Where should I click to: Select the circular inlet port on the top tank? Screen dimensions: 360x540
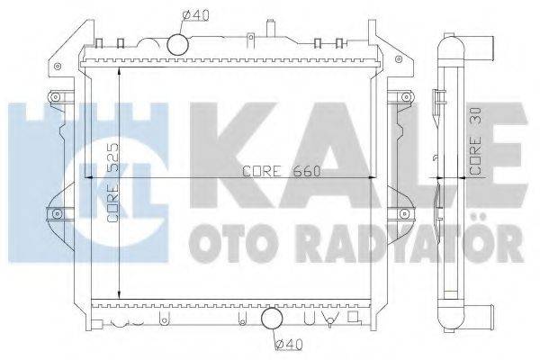pos(178,43)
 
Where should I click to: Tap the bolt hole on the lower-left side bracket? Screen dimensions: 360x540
pos(57,213)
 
